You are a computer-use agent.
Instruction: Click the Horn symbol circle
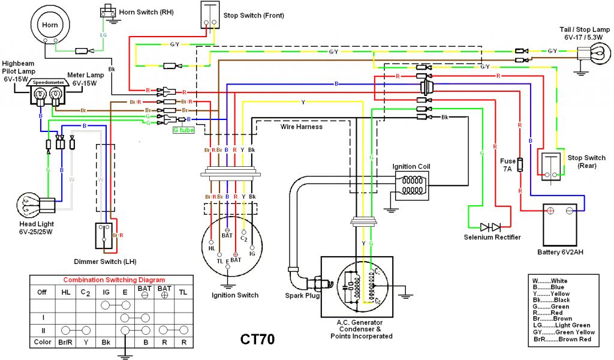tap(49, 25)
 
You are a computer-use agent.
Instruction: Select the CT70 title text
tap(258, 339)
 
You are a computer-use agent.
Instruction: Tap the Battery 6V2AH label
tap(560, 251)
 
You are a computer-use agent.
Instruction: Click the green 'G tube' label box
tap(183, 130)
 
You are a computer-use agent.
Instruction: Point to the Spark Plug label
tap(302, 295)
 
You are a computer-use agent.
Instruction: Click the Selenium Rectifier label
tap(492, 237)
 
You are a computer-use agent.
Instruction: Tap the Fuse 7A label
tap(508, 165)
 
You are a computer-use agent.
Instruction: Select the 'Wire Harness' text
tap(302, 127)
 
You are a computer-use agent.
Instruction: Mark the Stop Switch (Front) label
tap(250, 15)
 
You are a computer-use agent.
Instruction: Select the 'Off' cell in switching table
tap(42, 292)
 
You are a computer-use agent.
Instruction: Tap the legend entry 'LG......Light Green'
tap(555, 325)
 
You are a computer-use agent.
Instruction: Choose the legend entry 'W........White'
tap(550, 281)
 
